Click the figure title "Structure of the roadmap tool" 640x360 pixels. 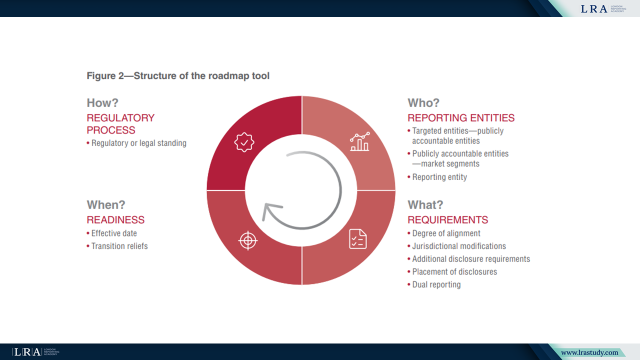point(178,76)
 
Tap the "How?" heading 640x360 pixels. point(102,103)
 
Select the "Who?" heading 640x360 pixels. point(423,103)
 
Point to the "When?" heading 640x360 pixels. point(106,204)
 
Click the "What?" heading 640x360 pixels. point(425,204)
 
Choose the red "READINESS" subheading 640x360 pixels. point(115,220)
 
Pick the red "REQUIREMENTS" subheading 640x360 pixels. point(448,220)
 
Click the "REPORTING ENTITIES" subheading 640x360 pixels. point(461,118)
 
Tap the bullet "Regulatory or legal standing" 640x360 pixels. point(138,143)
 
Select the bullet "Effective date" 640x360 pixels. point(114,233)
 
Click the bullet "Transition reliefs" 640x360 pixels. point(119,246)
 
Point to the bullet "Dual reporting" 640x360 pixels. point(436,284)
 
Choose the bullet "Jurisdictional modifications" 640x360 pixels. point(459,246)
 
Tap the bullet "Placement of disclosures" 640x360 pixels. point(454,272)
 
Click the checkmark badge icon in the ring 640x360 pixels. point(244,142)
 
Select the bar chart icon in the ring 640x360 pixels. point(359,142)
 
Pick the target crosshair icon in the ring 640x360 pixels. point(247,240)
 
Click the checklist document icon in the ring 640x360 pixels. point(357,239)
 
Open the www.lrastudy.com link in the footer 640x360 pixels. point(589,352)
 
